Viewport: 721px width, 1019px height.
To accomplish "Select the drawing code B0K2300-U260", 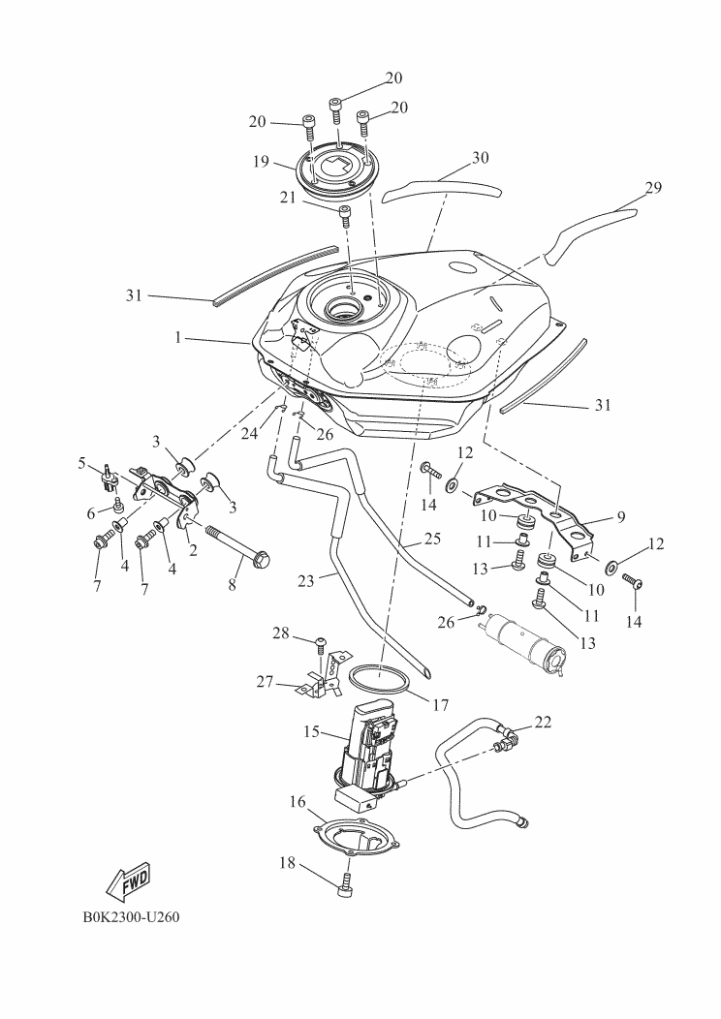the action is pos(131,917).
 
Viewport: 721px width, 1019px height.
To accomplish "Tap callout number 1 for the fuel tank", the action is pos(176,338).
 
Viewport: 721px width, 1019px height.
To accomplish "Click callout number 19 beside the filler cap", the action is pos(261,161).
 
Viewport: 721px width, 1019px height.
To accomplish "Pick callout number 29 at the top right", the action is pos(653,188).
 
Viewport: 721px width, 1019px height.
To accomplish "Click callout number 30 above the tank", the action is pos(481,157).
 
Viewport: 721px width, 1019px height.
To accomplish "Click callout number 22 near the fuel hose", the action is pos(543,722).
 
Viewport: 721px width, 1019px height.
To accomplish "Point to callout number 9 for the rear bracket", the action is pos(621,516).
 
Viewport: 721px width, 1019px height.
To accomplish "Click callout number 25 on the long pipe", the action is pos(432,539).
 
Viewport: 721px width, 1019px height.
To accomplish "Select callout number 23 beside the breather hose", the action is pos(306,581).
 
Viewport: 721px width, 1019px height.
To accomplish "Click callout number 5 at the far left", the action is pos(82,463).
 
